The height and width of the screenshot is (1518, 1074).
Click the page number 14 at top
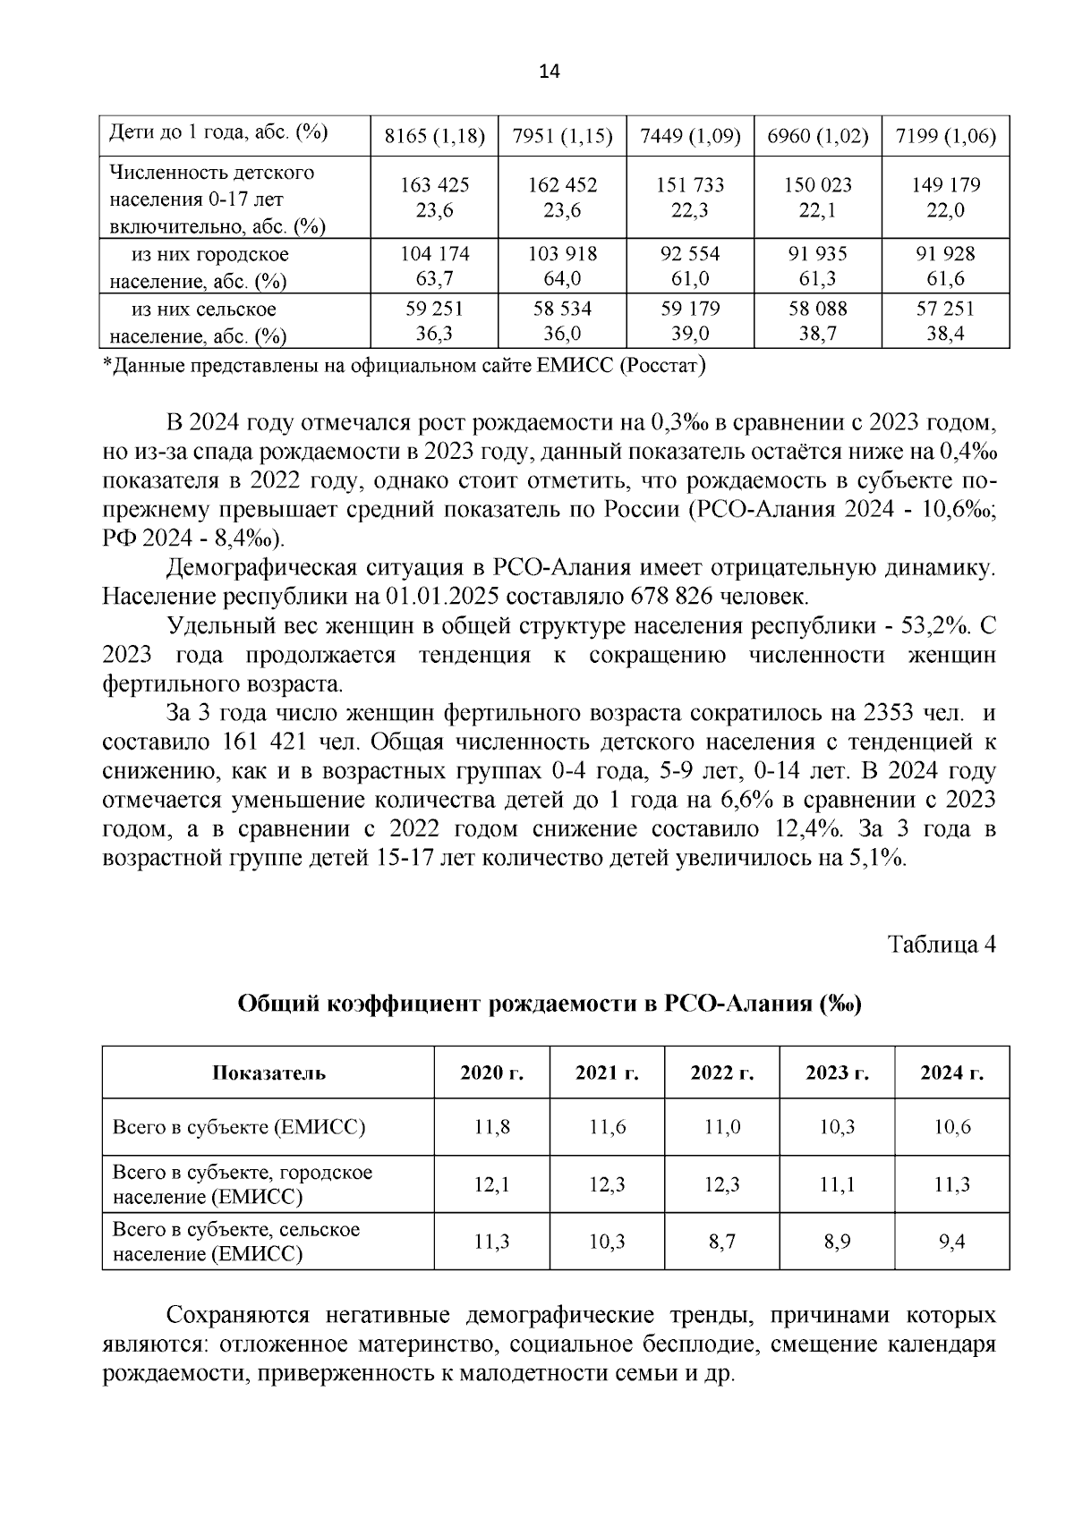click(x=549, y=73)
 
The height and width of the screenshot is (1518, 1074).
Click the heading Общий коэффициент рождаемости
click(x=549, y=1004)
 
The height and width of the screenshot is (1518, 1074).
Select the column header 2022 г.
click(x=721, y=1073)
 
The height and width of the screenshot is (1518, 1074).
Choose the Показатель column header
click(x=268, y=1073)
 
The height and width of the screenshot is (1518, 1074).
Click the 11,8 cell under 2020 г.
click(x=491, y=1127)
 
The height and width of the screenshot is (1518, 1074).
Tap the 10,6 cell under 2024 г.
click(x=951, y=1127)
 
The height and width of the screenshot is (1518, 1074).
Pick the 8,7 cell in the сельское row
click(x=721, y=1242)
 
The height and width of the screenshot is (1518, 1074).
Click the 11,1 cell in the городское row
click(x=837, y=1184)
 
